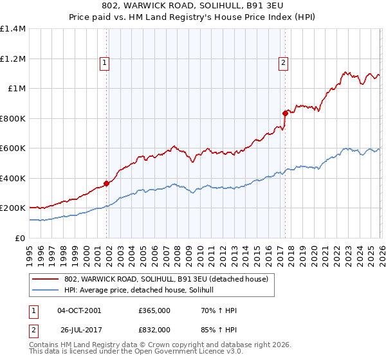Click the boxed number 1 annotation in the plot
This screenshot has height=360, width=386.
pyautogui.click(x=104, y=62)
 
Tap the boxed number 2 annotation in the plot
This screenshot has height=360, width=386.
pyautogui.click(x=283, y=62)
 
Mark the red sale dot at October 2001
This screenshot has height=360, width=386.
pyautogui.click(x=106, y=183)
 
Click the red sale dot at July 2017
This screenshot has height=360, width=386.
pyautogui.click(x=284, y=113)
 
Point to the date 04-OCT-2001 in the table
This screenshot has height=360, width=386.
pyautogui.click(x=79, y=310)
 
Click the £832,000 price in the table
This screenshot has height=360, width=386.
pyautogui.click(x=154, y=330)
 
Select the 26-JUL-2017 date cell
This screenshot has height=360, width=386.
pyautogui.click(x=79, y=330)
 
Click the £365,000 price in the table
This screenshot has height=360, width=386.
pyautogui.click(x=154, y=310)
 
